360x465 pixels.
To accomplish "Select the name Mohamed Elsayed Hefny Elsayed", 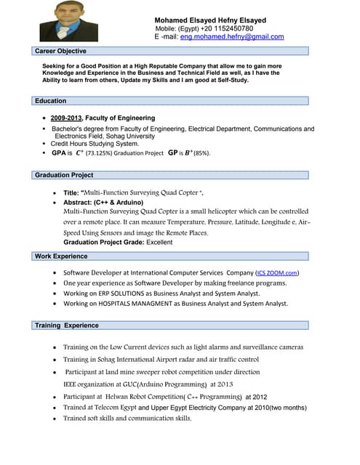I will (210, 20).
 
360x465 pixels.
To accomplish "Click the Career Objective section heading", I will (61, 51).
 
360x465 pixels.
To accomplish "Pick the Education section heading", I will (51, 101).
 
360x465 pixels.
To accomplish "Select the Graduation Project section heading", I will (64, 175).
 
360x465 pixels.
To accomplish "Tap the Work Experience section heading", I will (61, 256).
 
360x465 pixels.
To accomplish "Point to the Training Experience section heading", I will (67, 325).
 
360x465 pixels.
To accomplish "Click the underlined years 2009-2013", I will (66, 118).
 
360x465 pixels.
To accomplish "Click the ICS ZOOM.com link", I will (276, 272).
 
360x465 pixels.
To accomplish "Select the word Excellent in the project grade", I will (159, 242).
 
